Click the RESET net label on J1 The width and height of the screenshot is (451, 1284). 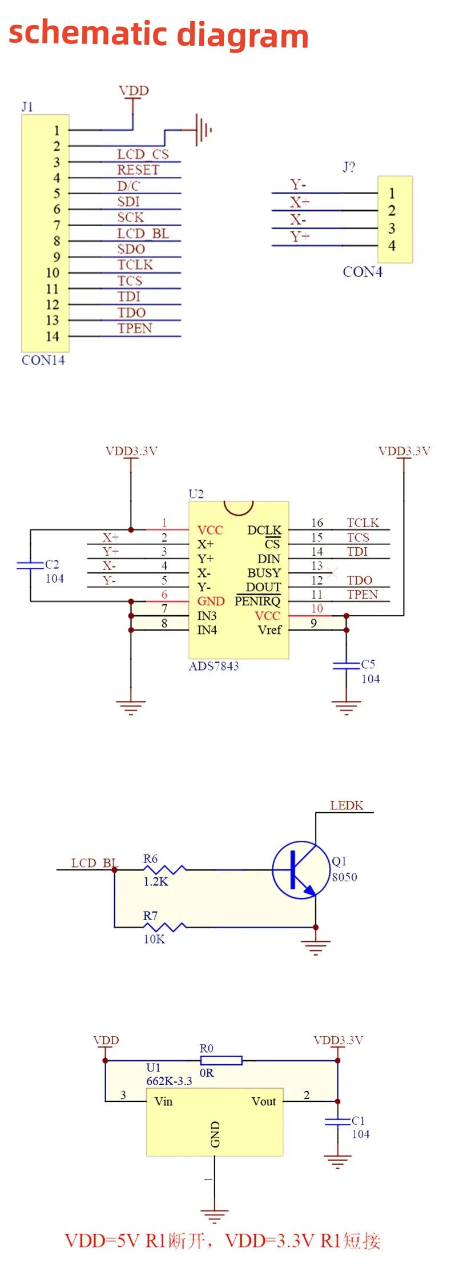[x=138, y=170]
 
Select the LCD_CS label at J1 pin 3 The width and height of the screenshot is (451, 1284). [x=143, y=154]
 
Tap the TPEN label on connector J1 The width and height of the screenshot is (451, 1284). [x=135, y=328]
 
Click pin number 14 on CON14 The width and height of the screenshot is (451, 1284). [x=53, y=336]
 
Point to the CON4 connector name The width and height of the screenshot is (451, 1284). [x=362, y=272]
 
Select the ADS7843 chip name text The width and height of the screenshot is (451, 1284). [x=214, y=666]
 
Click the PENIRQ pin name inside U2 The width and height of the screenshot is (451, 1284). [x=257, y=601]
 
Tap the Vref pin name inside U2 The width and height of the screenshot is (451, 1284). [x=269, y=630]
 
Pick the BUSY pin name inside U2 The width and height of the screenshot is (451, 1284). [x=264, y=573]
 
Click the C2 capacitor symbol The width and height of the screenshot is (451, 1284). [x=30, y=565]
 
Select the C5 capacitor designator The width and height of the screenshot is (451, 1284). [x=368, y=664]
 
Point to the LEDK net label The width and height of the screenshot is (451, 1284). [x=347, y=805]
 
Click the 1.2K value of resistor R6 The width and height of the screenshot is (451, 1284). [x=155, y=881]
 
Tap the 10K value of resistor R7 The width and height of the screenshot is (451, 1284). [x=154, y=939]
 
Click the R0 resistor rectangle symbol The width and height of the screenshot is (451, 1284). [x=221, y=1061]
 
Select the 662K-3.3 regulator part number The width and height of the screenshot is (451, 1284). [x=169, y=1081]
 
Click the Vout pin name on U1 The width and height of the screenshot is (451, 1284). [x=263, y=1101]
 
